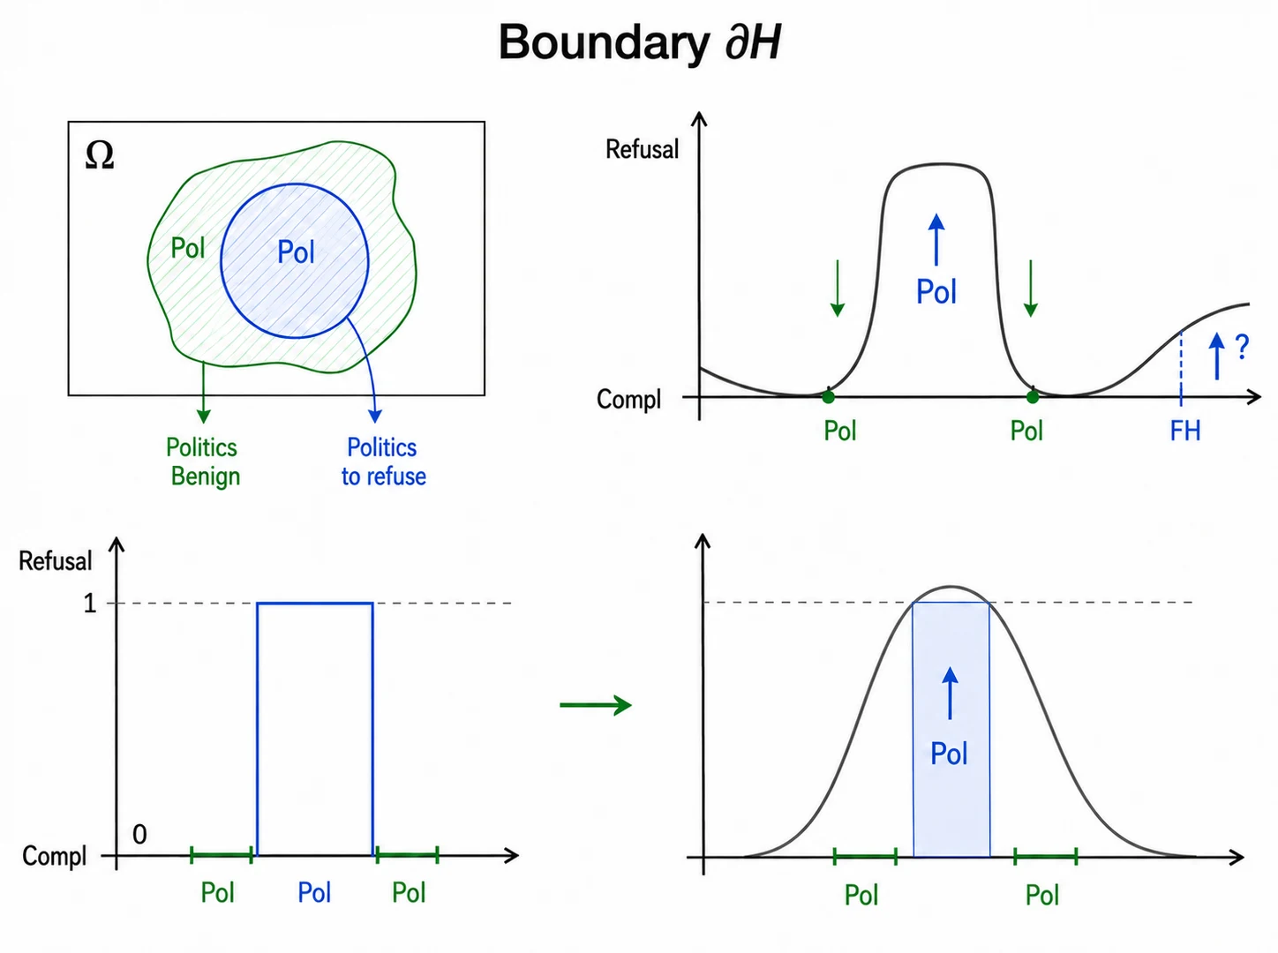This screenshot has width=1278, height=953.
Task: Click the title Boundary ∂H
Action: pyautogui.click(x=639, y=42)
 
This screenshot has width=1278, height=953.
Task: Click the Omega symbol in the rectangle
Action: pyautogui.click(x=100, y=155)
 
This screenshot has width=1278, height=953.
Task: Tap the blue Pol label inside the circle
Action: pyautogui.click(x=296, y=252)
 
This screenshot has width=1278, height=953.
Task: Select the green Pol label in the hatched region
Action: pyautogui.click(x=187, y=248)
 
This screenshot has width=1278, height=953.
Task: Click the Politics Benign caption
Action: pyautogui.click(x=203, y=461)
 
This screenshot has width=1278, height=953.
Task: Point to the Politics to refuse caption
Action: pyautogui.click(x=383, y=461)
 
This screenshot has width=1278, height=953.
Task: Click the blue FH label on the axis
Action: pyautogui.click(x=1184, y=431)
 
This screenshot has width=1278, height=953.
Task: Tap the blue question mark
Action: pyautogui.click(x=1242, y=347)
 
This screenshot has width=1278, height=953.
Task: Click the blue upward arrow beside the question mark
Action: pyautogui.click(x=1216, y=356)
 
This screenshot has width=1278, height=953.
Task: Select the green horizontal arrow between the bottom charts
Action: pyautogui.click(x=596, y=705)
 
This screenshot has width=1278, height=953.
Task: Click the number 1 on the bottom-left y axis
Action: pyautogui.click(x=90, y=603)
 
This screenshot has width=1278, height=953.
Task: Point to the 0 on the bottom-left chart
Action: pyautogui.click(x=139, y=834)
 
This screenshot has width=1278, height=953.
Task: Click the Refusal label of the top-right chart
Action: pyautogui.click(x=643, y=149)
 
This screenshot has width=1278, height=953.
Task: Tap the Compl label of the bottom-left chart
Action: pyautogui.click(x=54, y=856)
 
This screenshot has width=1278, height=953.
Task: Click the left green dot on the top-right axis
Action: pyautogui.click(x=828, y=397)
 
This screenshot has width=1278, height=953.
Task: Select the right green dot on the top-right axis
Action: pyautogui.click(x=1033, y=397)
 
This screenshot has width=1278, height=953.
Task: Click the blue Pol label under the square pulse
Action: pyautogui.click(x=314, y=892)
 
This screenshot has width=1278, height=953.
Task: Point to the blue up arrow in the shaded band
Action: pyautogui.click(x=951, y=694)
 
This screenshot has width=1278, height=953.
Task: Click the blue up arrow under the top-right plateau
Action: pyautogui.click(x=936, y=239)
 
